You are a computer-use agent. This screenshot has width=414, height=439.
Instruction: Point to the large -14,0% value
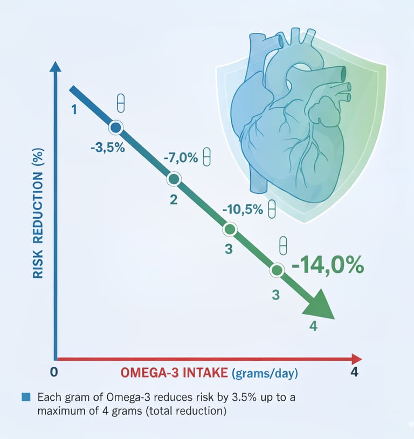pos(327,267)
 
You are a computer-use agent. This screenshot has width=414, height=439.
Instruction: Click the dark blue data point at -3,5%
pos(115,128)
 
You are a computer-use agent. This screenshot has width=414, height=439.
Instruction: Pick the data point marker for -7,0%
pos(174,179)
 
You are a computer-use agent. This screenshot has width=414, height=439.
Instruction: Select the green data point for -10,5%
pos(230,229)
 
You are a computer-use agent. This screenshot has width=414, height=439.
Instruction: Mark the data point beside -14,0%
pos(277,270)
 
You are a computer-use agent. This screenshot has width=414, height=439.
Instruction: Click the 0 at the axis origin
pos(53,372)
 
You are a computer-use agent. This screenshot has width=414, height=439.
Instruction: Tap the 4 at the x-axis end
pos(354,372)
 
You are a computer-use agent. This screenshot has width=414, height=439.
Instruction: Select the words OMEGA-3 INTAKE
pos(174,373)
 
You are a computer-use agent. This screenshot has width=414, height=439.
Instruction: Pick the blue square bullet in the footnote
pos(25,398)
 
